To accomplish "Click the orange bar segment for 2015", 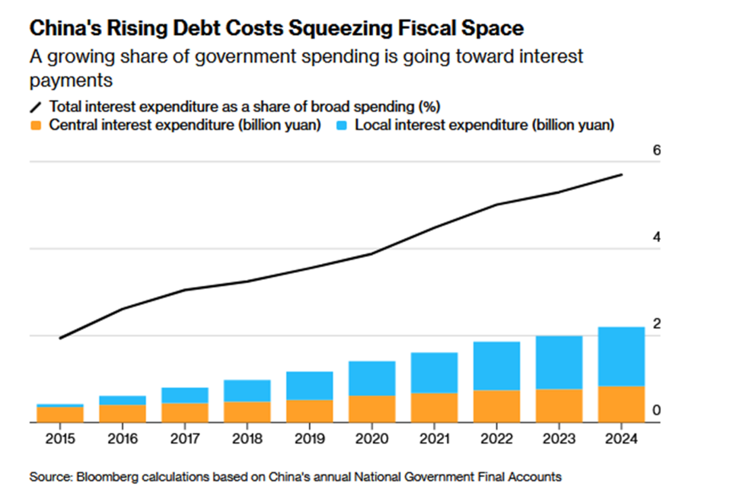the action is pos(60,414).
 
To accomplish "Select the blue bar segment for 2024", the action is pos(622,356).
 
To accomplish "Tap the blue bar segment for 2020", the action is pos(372,378).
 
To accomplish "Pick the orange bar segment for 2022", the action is pos(497,406).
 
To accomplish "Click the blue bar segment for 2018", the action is pos(247,391).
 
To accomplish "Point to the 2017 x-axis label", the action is pos(185,439).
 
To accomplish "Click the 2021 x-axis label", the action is pos(435,439).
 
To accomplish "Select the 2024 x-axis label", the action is pos(622,439).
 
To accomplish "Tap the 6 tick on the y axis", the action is pos(656,150).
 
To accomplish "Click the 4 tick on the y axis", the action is pos(656,237).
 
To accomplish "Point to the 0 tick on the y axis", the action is pos(656,410).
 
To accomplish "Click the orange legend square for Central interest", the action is pos(36,125).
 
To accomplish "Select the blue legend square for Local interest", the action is pos(342,125).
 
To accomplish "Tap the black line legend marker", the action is pos(36,107).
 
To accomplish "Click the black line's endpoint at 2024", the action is pos(622,174).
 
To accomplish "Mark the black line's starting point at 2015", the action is pos(60,339).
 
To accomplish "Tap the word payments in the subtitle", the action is pos(71,81).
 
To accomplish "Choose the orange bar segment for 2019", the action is pos(310,412).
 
